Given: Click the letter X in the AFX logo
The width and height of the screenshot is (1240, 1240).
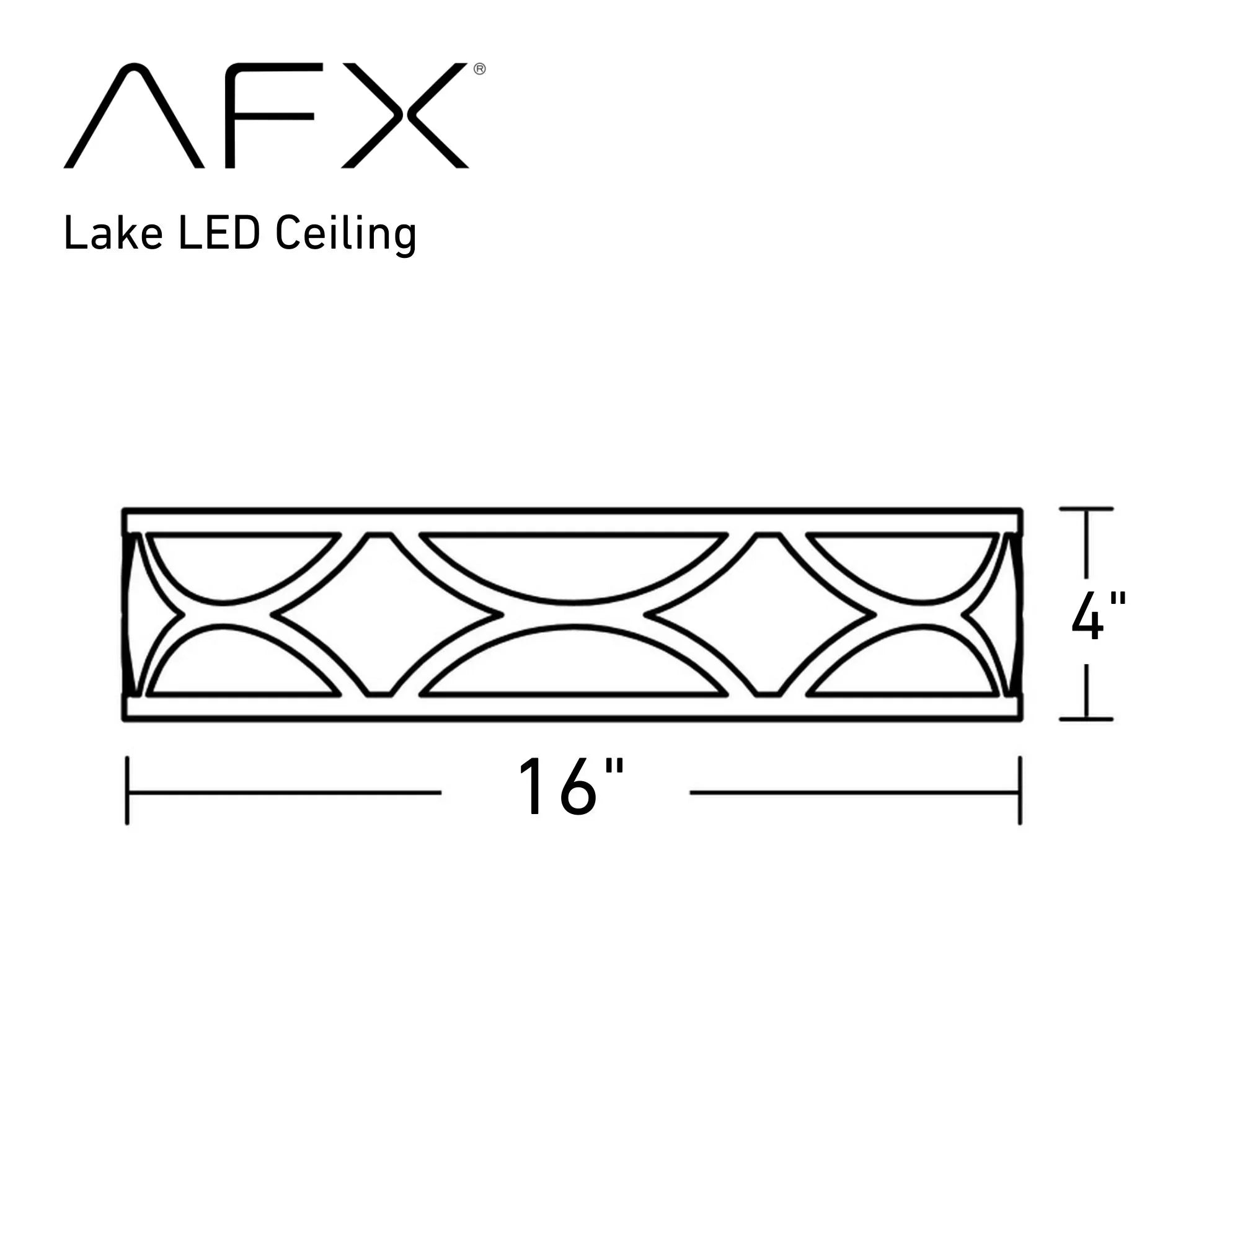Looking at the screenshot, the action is click(405, 115).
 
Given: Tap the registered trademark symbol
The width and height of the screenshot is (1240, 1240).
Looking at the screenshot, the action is click(479, 69).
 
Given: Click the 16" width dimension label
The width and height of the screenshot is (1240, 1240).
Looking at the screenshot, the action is click(570, 787).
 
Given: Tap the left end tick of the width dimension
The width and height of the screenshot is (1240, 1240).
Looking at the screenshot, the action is click(127, 790).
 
